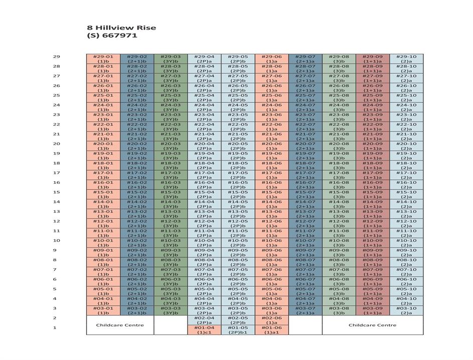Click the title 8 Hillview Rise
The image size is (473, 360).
(x=121, y=28)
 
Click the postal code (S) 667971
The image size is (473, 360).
(x=112, y=36)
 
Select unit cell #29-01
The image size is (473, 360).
(x=103, y=59)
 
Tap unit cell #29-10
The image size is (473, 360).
(x=406, y=59)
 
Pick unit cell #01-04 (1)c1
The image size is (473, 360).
(x=204, y=330)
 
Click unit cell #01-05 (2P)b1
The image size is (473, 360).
(x=238, y=330)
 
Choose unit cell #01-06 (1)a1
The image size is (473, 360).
(x=271, y=330)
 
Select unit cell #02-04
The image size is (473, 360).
(x=204, y=320)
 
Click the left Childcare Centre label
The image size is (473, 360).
(x=120, y=325)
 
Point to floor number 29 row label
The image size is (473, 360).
(x=57, y=57)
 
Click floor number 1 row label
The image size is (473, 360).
(x=55, y=328)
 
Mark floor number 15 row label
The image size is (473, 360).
(x=57, y=192)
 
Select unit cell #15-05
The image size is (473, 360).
(x=238, y=194)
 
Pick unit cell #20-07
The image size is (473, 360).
(x=305, y=146)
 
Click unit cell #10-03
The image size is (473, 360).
(x=171, y=243)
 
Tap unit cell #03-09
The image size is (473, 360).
(x=373, y=310)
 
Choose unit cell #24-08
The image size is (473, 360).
(x=339, y=107)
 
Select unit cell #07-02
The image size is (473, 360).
(x=137, y=272)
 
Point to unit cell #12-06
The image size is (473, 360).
(x=271, y=223)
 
